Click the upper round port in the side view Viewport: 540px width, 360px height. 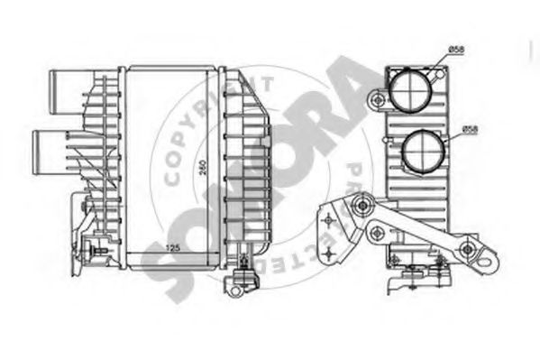click(411, 92)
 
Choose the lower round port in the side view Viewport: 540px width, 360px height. click(423, 152)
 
